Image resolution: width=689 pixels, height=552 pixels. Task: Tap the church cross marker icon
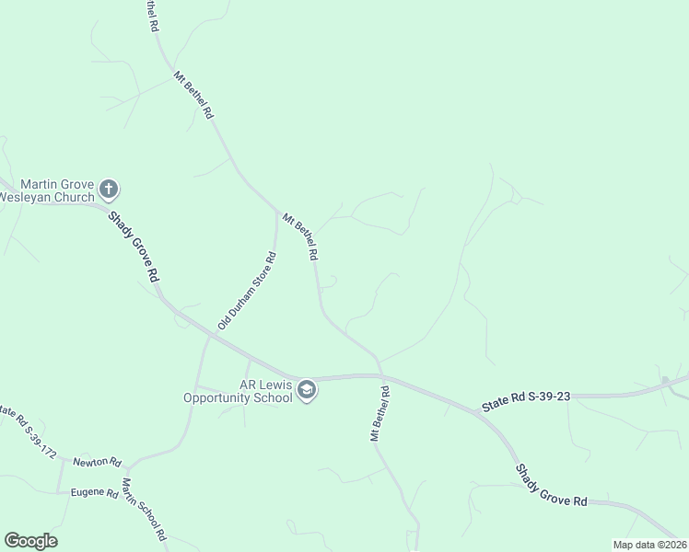[109, 190]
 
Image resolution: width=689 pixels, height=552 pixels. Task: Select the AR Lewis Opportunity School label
[238, 391]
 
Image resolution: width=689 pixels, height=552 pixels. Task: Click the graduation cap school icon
[307, 391]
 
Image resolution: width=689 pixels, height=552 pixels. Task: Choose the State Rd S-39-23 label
[526, 399]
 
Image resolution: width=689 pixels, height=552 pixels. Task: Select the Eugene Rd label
[94, 492]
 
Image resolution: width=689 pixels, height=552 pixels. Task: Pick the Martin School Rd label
[144, 509]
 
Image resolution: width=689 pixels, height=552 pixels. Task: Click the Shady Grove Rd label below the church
[134, 247]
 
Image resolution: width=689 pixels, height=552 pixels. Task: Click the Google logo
[30, 541]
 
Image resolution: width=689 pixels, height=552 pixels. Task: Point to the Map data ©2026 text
[648, 545]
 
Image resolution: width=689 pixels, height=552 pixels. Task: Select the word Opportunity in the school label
[238, 397]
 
